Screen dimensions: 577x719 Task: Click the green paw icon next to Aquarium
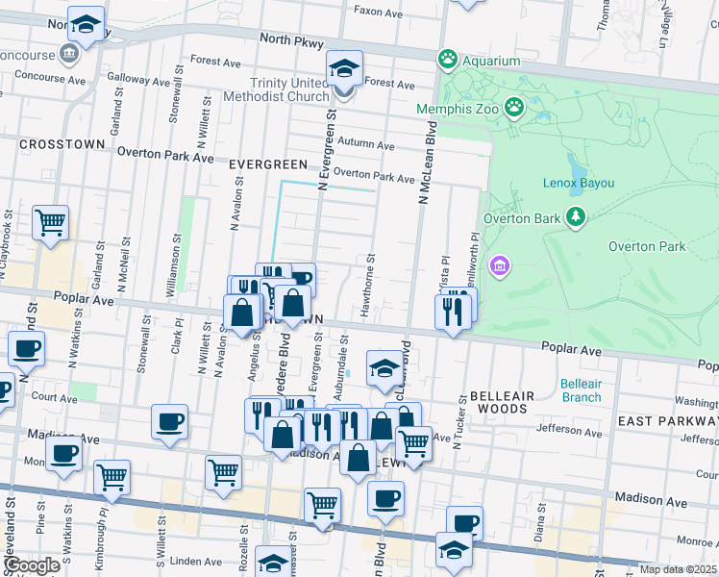tap(447, 61)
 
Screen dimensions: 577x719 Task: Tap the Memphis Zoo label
tap(458, 109)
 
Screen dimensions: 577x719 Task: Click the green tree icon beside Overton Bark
tap(576, 217)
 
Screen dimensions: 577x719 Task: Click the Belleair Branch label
tap(581, 390)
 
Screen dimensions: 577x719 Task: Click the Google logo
tap(31, 565)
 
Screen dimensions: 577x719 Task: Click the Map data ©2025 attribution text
tap(678, 569)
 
